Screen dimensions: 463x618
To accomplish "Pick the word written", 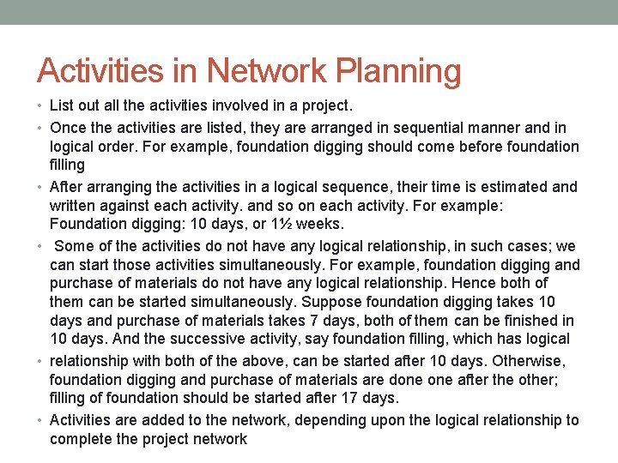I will [73, 206].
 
